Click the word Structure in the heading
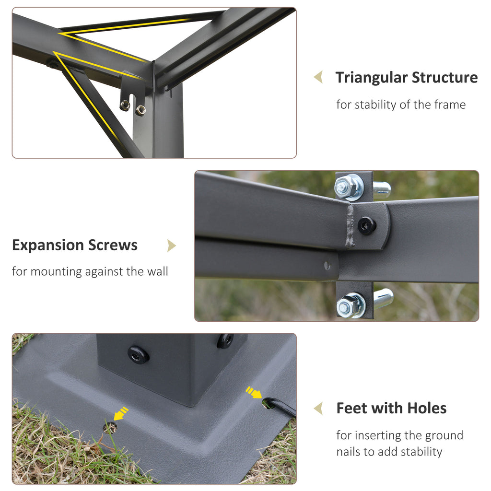click(444, 77)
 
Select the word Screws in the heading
click(113, 245)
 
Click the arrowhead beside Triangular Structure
click(318, 77)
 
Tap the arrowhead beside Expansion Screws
click(171, 245)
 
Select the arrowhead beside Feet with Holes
click(318, 409)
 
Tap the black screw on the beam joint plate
click(366, 225)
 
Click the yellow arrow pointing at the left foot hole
click(120, 413)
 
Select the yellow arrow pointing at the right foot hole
click(254, 392)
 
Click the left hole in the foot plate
click(110, 428)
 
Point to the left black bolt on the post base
click(138, 354)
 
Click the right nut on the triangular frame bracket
click(140, 110)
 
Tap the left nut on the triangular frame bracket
click(125, 105)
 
